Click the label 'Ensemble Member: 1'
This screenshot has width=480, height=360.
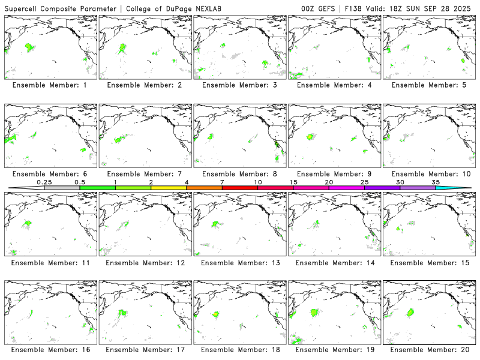click(50, 85)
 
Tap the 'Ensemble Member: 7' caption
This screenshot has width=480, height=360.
click(145, 174)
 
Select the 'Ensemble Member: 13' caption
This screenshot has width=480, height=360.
click(239, 263)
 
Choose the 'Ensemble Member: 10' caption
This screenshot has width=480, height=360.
click(429, 174)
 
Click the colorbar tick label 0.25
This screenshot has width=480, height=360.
click(44, 182)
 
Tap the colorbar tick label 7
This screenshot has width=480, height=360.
click(222, 182)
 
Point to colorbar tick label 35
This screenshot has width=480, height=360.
click(436, 182)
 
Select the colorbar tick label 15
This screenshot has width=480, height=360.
click(293, 182)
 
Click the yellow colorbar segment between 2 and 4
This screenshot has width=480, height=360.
click(169, 188)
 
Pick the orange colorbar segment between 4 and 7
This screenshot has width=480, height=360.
click(204, 188)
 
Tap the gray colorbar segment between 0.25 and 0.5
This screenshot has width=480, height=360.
click(62, 188)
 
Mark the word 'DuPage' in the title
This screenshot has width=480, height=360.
click(170, 8)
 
